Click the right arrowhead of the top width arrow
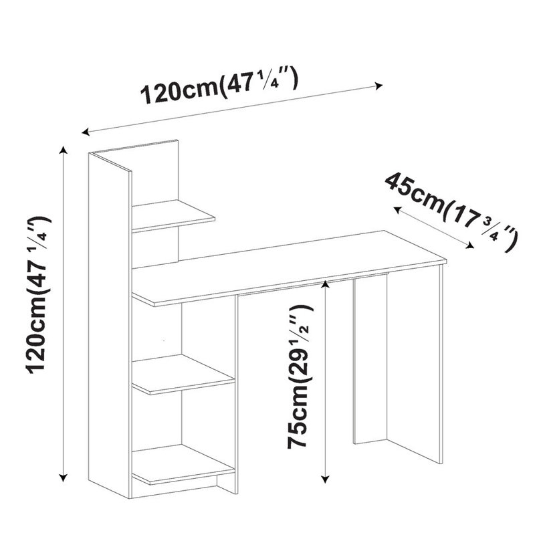coord(380,85)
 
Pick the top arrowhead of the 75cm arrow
coord(325,284)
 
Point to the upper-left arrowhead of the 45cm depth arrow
coord(395,209)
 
